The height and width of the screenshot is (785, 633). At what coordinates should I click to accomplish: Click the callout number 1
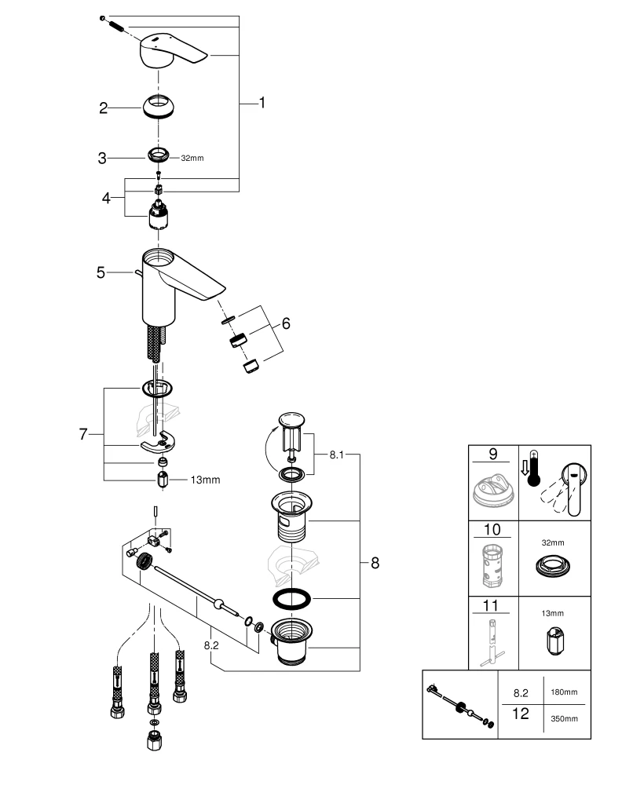tap(262, 103)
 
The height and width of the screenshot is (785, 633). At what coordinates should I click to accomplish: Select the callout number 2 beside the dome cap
tap(103, 108)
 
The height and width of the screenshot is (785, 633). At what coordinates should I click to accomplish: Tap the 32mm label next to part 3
tap(192, 158)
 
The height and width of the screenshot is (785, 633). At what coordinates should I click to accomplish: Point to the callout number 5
tap(101, 272)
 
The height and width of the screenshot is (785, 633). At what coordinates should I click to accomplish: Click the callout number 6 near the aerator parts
tap(286, 323)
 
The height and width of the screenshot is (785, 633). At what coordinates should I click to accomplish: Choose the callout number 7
tap(83, 434)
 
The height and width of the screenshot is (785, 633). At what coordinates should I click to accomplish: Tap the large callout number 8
tap(375, 562)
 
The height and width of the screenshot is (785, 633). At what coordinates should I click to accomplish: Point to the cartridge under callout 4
tap(159, 214)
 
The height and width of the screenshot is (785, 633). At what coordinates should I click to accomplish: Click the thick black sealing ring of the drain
tap(291, 599)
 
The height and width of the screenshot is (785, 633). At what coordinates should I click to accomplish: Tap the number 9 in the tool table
tap(492, 455)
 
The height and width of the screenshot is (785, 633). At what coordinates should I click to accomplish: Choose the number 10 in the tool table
tap(492, 529)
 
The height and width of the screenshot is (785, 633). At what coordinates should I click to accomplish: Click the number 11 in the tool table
tap(492, 604)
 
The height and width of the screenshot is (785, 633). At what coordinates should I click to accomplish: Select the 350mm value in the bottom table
tap(565, 718)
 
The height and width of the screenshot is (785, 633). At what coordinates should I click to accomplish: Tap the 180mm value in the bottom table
tap(565, 692)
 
